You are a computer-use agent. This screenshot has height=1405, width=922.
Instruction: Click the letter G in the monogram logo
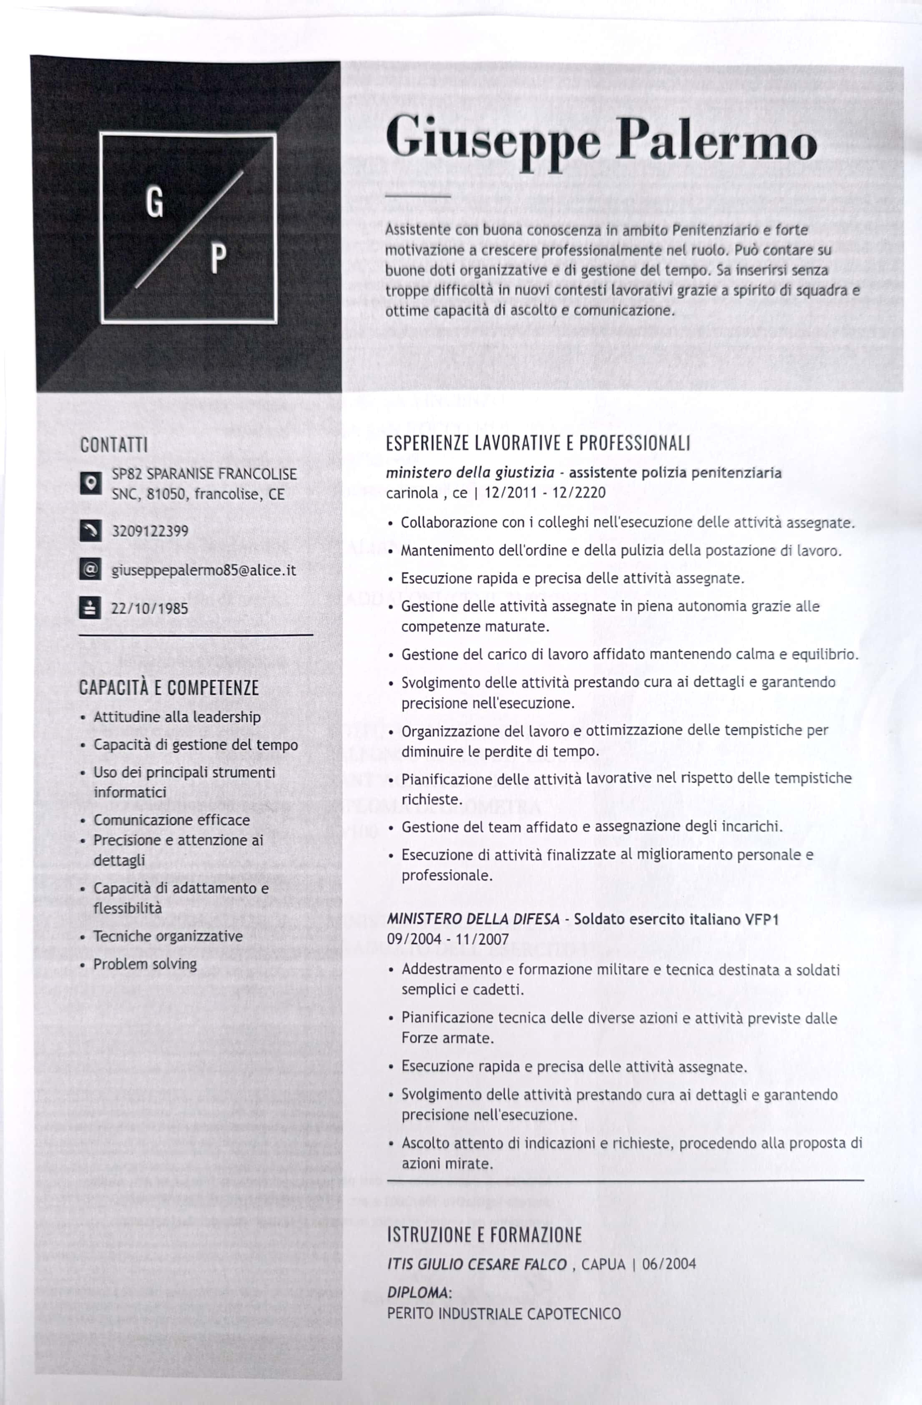[x=155, y=204]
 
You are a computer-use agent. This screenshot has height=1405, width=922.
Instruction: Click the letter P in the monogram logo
[x=219, y=258]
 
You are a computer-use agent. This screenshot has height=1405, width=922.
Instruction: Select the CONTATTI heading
[x=114, y=445]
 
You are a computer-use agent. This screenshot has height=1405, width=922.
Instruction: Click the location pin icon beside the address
[x=90, y=483]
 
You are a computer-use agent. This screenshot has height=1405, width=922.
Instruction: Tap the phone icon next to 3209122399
[x=90, y=531]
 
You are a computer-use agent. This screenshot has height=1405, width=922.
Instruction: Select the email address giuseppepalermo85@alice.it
[x=203, y=570]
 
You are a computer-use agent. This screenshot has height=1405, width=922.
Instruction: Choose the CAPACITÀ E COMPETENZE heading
[x=169, y=688]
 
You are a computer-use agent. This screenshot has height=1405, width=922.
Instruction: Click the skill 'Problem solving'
[x=145, y=964]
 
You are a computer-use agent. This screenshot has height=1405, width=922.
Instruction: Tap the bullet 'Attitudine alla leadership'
[x=177, y=717]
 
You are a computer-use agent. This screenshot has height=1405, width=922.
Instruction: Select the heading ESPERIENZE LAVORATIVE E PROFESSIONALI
[x=538, y=443]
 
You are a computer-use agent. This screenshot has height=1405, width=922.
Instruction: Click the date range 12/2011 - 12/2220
[x=545, y=493]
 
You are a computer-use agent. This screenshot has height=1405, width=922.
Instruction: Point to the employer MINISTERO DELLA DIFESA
[x=473, y=919]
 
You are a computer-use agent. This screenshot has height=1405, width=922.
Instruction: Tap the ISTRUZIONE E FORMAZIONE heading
[x=484, y=1234]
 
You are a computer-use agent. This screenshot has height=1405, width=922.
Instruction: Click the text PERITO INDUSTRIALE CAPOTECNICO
[x=503, y=1314]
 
